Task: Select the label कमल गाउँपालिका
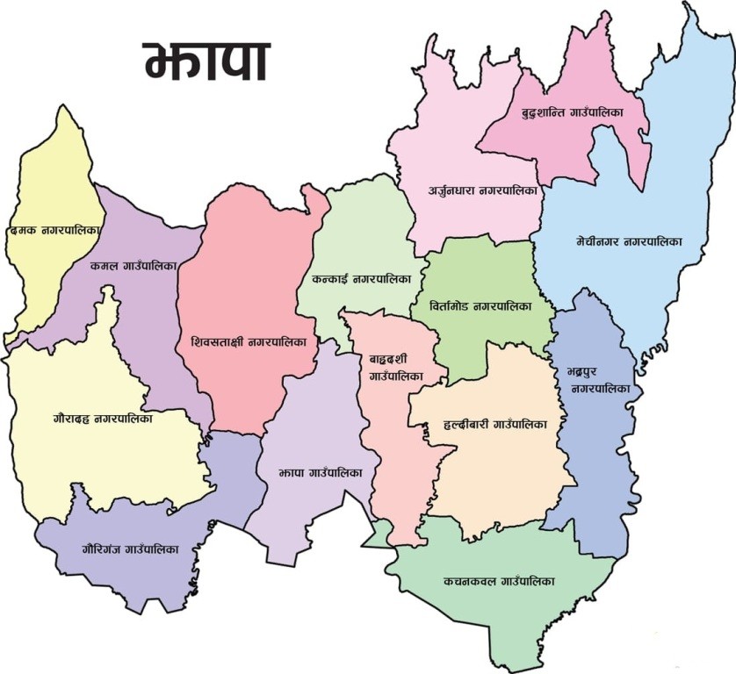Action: (133, 264)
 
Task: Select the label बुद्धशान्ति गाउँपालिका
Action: (572, 114)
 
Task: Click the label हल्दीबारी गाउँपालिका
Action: (495, 424)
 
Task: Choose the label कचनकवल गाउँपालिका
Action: (499, 581)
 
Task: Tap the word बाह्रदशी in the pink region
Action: (390, 360)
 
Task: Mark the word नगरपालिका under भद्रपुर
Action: (601, 388)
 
